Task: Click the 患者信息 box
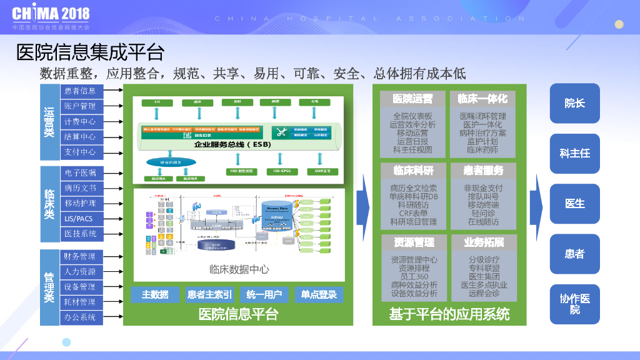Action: [80, 91]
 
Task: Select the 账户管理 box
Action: [80, 106]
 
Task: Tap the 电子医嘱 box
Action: [80, 173]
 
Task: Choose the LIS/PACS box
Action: [80, 219]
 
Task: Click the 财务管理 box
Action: [80, 256]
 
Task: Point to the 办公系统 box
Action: [80, 317]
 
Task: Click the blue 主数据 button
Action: [155, 294]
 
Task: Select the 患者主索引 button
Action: [209, 294]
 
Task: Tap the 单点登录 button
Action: [319, 294]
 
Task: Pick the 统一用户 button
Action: [264, 294]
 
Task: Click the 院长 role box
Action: [574, 103]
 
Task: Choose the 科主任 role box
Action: [574, 153]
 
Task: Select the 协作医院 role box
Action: [574, 304]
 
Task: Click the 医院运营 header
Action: [412, 99]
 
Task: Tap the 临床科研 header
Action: [412, 170]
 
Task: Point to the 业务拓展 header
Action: [484, 242]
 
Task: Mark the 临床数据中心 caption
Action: [239, 269]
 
